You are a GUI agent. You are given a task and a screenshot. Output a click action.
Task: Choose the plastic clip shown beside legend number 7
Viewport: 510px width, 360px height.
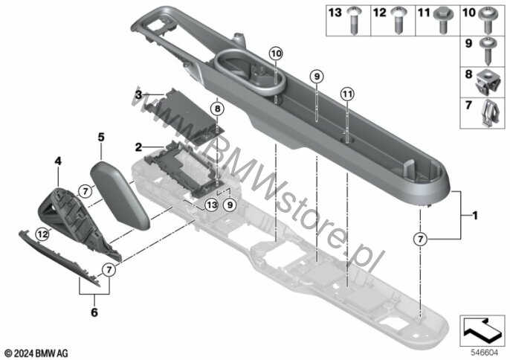(488, 109)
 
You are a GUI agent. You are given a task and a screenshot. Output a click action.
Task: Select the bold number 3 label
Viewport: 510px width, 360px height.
(139, 94)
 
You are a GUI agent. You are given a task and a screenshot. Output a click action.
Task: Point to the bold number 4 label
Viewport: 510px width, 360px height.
(57, 158)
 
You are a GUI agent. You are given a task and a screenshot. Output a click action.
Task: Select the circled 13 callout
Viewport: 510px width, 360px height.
(211, 205)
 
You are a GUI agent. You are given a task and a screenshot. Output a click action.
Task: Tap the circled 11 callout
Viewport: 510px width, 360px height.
(346, 94)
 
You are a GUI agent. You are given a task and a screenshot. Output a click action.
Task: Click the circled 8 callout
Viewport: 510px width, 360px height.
(216, 109)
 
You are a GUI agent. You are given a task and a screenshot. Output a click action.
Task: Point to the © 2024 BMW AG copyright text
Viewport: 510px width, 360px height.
(36, 350)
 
